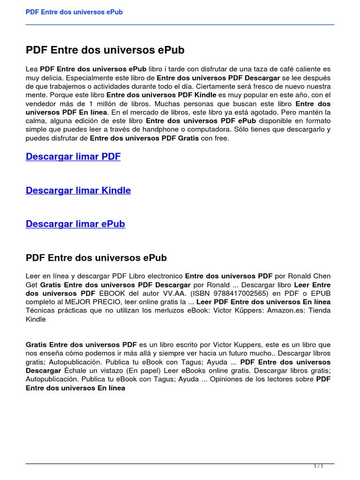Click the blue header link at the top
click(74, 12)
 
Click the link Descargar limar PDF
click(73, 157)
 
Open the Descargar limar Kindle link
click(78, 190)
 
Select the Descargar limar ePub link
click(75, 224)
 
